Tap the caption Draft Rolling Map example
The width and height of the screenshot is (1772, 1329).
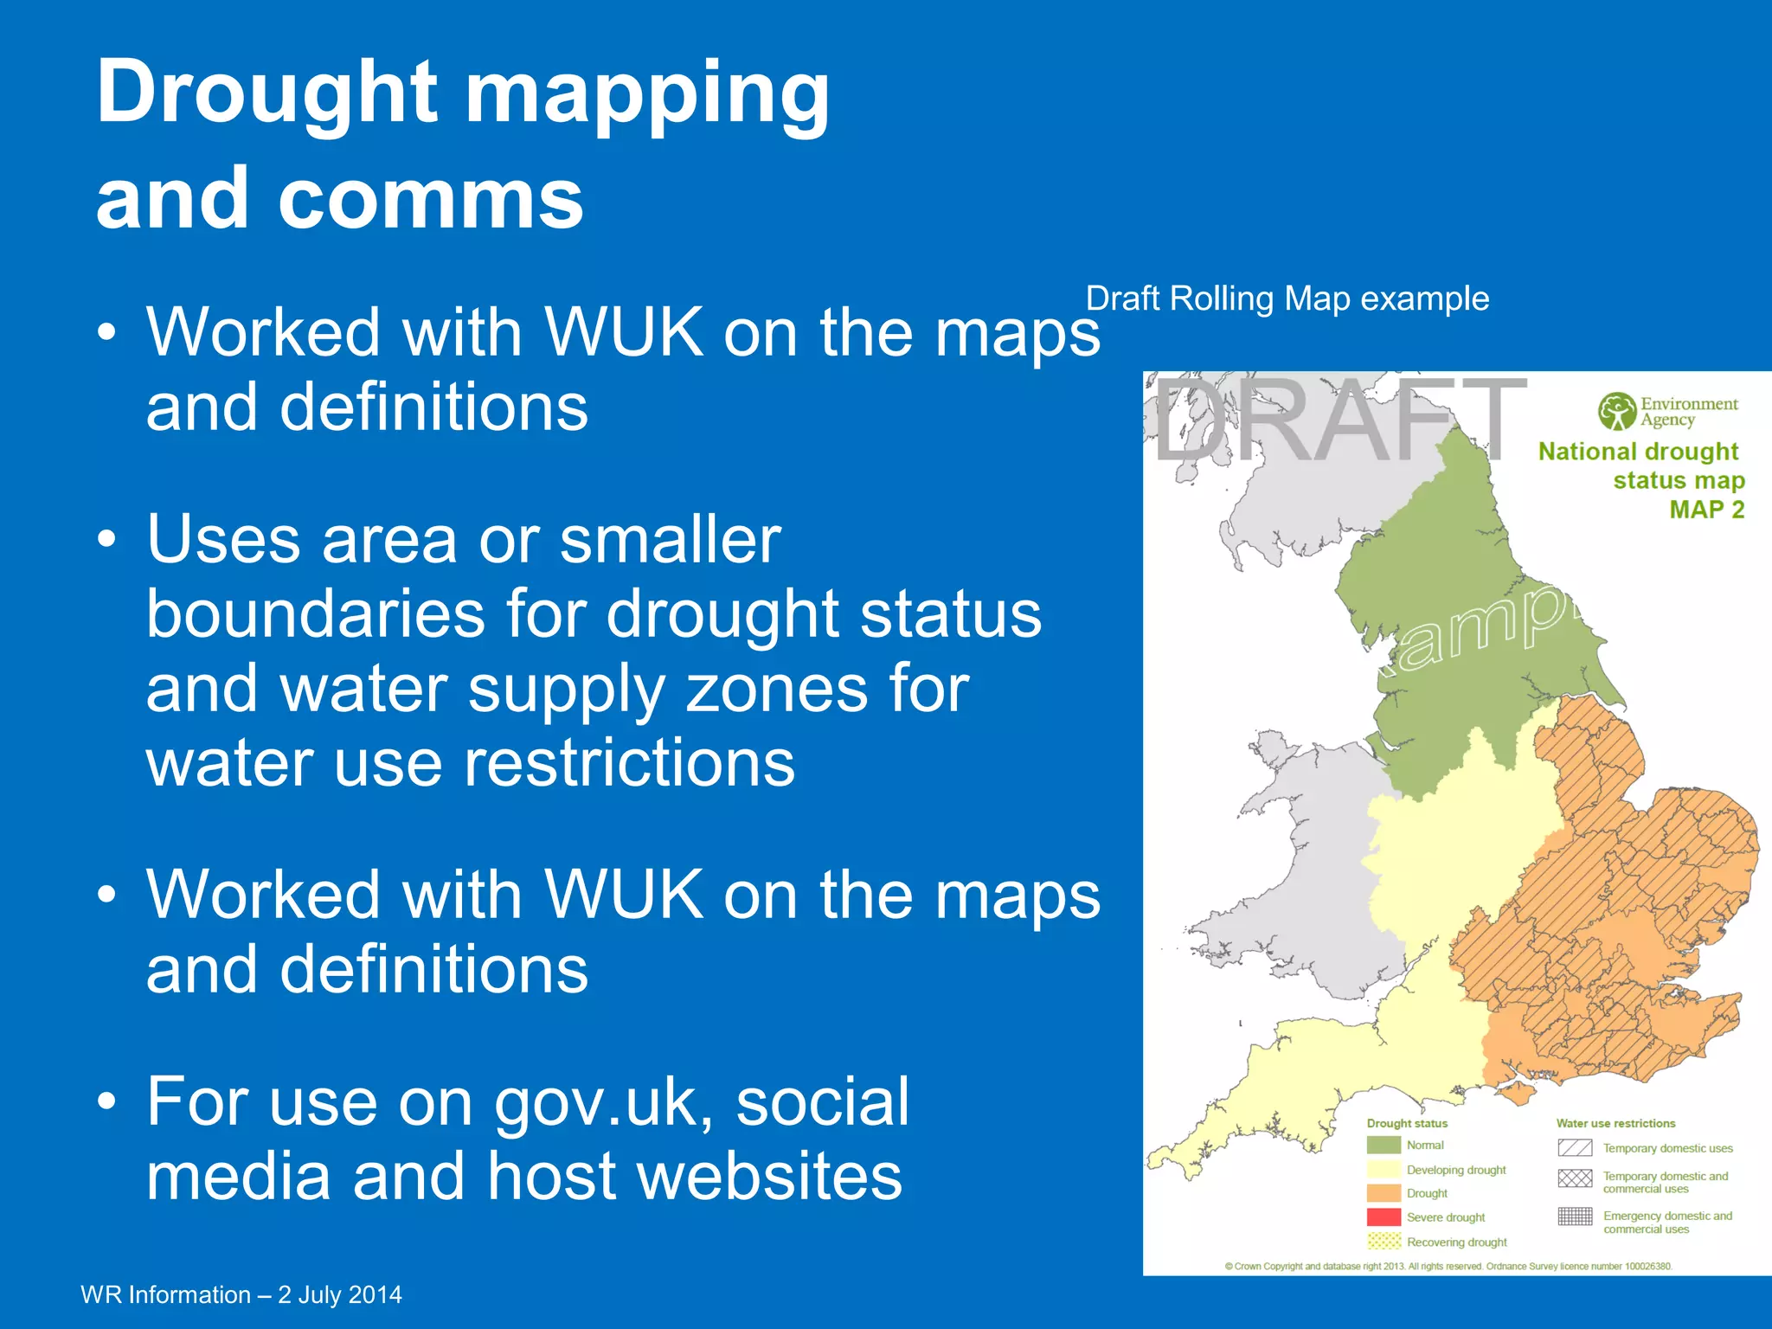(1287, 299)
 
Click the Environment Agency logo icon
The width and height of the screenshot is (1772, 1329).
(1616, 411)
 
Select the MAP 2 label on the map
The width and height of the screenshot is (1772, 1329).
(1706, 510)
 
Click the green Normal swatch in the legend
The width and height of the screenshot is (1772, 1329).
(1384, 1145)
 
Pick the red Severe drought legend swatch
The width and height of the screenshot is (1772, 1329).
(1384, 1217)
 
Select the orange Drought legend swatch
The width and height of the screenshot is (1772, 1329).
(1384, 1193)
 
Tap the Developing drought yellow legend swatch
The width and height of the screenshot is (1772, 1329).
(1384, 1169)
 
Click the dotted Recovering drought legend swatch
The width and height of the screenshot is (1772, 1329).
(1384, 1242)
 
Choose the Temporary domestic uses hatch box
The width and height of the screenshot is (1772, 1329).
(1575, 1148)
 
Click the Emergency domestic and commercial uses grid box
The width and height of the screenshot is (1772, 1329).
(1575, 1217)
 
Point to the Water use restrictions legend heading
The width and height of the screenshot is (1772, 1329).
(1615, 1123)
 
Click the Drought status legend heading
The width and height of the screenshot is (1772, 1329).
(1407, 1123)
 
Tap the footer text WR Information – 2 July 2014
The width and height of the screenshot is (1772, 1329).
(241, 1294)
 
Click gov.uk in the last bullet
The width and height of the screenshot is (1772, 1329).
(604, 1103)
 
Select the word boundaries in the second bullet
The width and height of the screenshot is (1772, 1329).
(315, 614)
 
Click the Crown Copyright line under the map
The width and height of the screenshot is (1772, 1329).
(1448, 1266)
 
